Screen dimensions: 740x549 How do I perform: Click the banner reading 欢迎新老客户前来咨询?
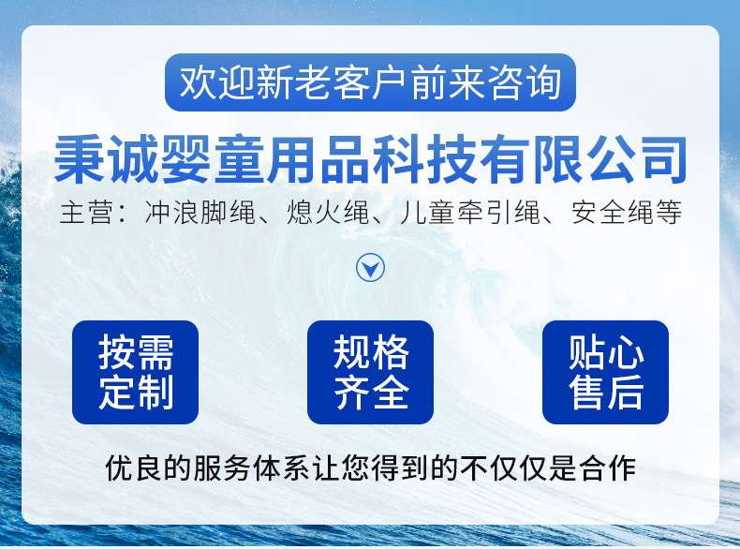pyautogui.click(x=370, y=82)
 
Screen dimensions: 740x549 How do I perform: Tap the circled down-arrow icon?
pyautogui.click(x=371, y=268)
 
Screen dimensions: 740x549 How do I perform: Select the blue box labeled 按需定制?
pyautogui.click(x=135, y=372)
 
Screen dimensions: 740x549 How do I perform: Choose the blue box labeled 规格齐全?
pyautogui.click(x=371, y=372)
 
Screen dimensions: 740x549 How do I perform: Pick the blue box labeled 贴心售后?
pyautogui.click(x=605, y=372)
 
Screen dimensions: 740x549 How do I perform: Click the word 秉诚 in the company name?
pyautogui.click(x=107, y=159)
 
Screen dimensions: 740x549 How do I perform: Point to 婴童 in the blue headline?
pyautogui.click(x=213, y=159)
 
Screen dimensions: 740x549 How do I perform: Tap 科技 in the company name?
pyautogui.click(x=424, y=159)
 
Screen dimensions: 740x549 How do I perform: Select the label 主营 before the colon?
pyautogui.click(x=87, y=213)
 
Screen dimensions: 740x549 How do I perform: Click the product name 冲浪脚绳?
pyautogui.click(x=200, y=213)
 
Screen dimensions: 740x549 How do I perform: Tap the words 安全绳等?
pyautogui.click(x=627, y=213)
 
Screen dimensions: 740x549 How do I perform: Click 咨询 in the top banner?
pyautogui.click(x=524, y=82)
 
